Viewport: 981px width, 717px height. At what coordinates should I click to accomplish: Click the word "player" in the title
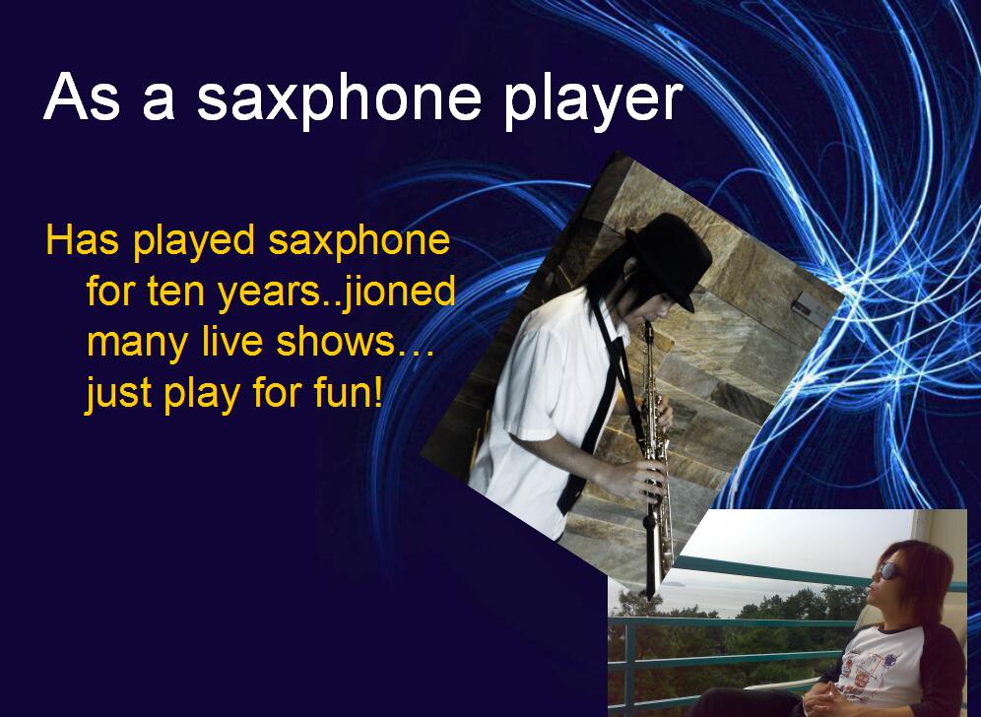point(593,100)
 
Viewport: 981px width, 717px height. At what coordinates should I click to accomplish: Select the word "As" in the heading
point(82,97)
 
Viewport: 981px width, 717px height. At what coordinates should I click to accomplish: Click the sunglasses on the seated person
point(888,570)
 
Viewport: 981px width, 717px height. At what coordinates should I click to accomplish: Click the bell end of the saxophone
point(652,572)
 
